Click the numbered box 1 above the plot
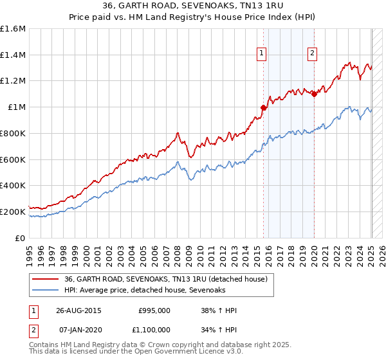(262, 53)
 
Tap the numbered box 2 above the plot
(312, 53)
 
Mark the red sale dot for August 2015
(263, 108)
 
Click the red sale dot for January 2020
(314, 94)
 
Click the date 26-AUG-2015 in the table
(78, 310)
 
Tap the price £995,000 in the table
(154, 310)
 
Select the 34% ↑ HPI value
(219, 330)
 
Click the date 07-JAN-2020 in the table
(78, 330)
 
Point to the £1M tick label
(17, 107)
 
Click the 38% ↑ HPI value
(219, 310)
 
